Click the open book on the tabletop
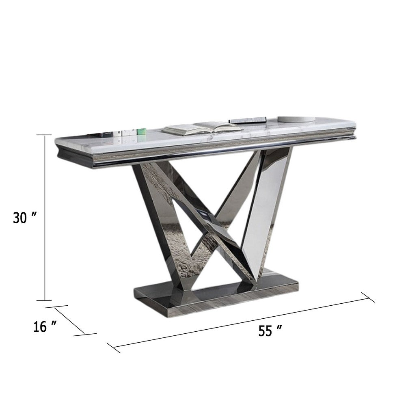click(202, 128)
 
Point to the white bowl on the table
click(296, 119)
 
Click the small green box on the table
click(141, 131)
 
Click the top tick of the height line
click(45, 135)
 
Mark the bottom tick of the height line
click(45, 300)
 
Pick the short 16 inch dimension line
click(69, 320)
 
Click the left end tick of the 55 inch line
click(114, 348)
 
